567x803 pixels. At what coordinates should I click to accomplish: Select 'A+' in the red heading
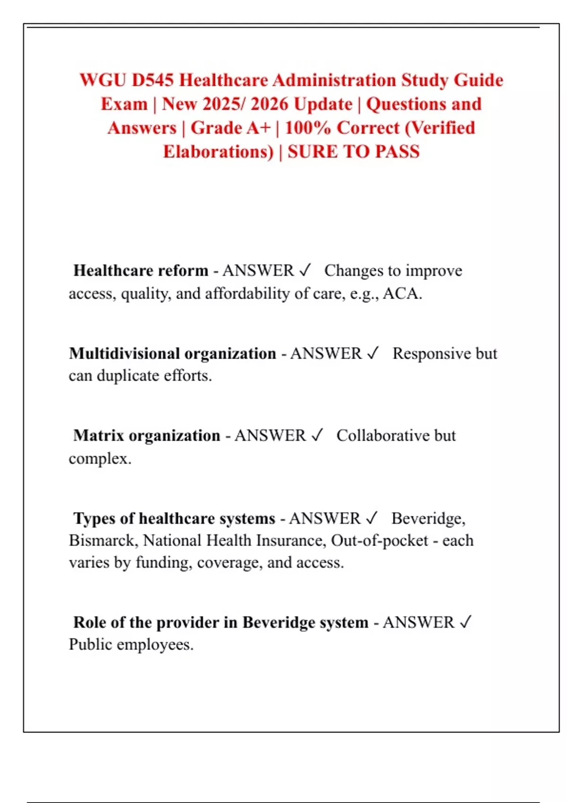coord(258,128)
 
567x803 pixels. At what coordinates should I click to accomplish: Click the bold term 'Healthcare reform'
coord(141,271)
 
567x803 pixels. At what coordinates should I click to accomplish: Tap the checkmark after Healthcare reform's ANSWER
coord(305,270)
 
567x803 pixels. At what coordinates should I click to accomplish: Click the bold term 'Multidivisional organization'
coord(172,353)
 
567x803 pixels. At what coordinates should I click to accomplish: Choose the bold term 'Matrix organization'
coord(147,436)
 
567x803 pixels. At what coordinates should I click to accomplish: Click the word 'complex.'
coord(100,458)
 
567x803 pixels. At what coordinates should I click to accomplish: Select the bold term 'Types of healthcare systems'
coord(174,518)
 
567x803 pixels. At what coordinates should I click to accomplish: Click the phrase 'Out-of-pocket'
coord(379,540)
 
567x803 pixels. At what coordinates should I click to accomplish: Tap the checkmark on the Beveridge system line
coord(465,622)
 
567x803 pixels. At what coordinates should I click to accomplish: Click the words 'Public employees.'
coord(131,644)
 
